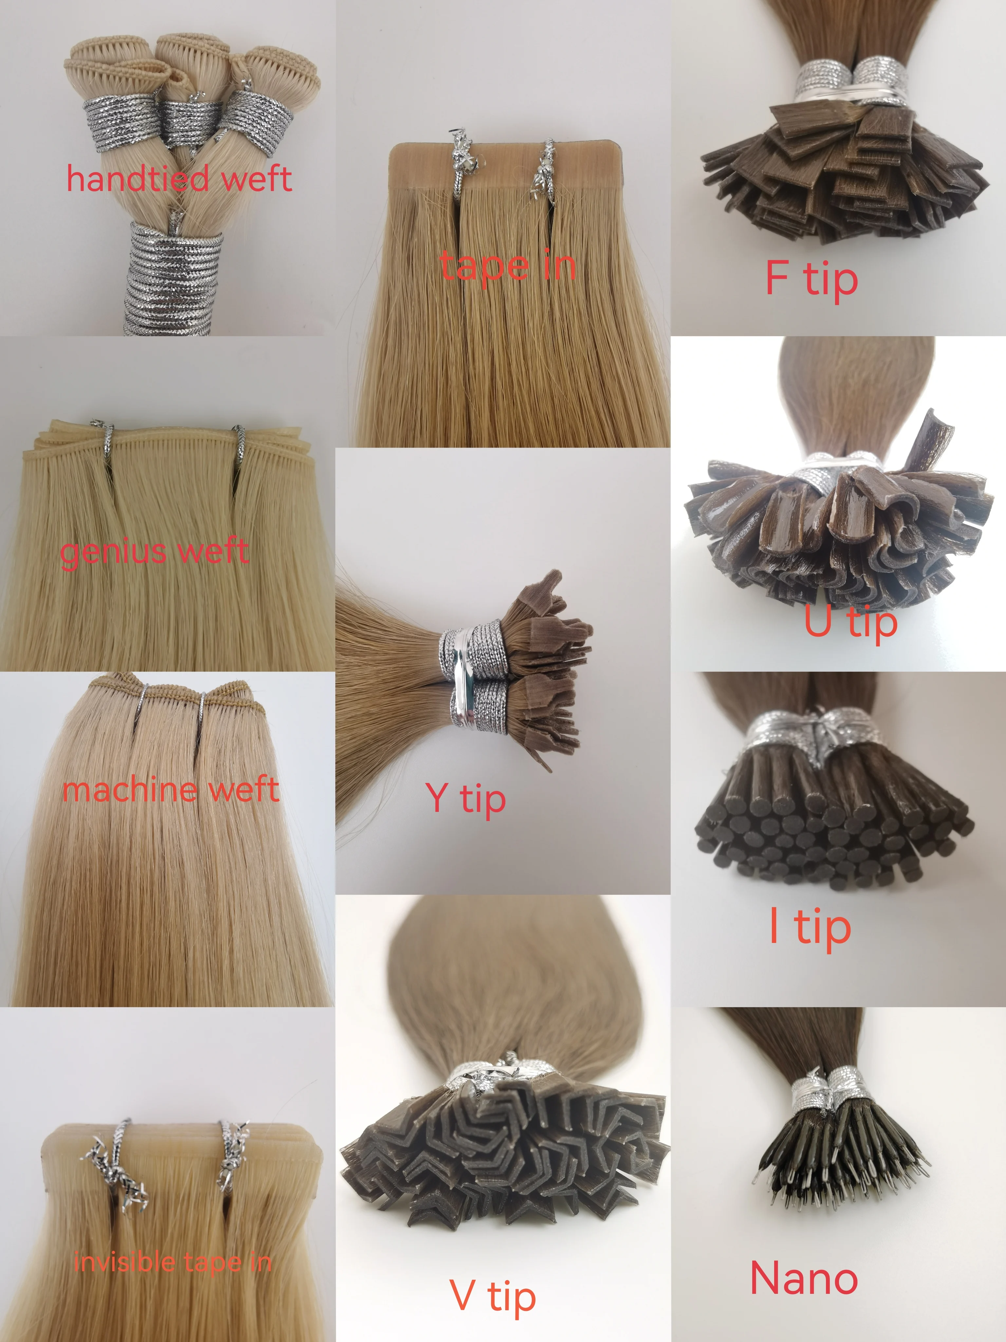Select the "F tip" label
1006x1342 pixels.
(x=811, y=280)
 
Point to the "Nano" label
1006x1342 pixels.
(x=804, y=1277)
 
